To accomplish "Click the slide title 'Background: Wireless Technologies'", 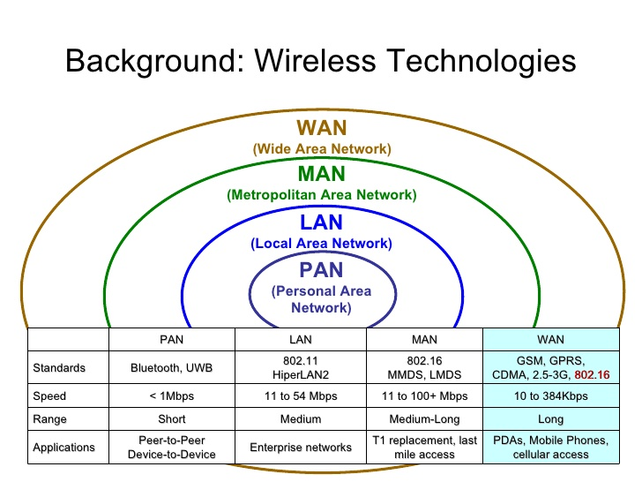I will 320,61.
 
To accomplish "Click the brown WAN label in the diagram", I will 321,130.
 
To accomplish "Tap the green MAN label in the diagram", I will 321,175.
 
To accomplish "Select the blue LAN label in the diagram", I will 321,223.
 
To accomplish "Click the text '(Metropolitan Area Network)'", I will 321,194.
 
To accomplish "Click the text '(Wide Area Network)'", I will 321,148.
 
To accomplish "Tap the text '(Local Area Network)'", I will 321,243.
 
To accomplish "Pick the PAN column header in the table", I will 173,339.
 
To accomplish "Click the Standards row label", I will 58,367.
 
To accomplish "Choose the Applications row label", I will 63,448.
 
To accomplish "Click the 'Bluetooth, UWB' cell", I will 173,367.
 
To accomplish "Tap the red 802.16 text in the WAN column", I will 592,375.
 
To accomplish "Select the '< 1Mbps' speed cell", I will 173,396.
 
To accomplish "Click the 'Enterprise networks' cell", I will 301,448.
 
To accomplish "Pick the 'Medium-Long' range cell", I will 423,420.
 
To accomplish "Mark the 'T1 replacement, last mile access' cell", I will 423,448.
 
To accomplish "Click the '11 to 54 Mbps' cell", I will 301,396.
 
